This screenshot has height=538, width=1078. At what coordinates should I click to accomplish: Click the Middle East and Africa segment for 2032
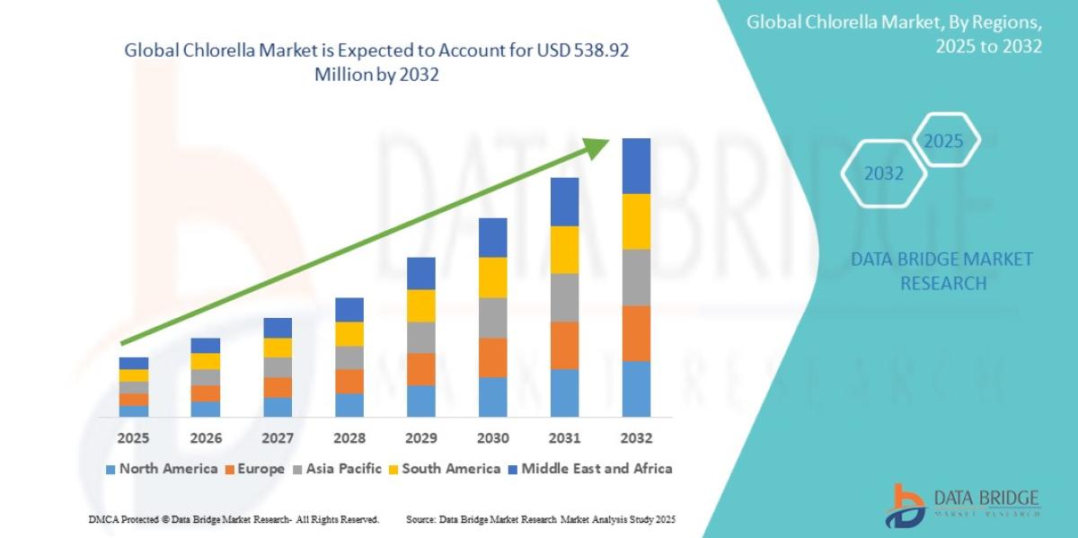tap(636, 166)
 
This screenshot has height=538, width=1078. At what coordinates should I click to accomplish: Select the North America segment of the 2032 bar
tap(636, 389)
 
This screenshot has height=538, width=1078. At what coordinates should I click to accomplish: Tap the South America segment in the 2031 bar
tap(564, 250)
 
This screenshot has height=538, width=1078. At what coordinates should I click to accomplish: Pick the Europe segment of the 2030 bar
tap(492, 357)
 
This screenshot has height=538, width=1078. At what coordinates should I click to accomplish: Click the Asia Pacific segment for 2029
tap(420, 338)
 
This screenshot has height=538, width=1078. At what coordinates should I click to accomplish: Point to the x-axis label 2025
tap(133, 438)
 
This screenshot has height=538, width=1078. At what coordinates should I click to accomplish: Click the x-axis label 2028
tap(349, 438)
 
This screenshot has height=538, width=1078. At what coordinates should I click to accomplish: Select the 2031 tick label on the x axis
tap(564, 438)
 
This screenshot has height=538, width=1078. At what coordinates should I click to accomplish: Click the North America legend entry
tap(161, 469)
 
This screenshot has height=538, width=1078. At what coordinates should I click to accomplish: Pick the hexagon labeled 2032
tap(883, 173)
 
